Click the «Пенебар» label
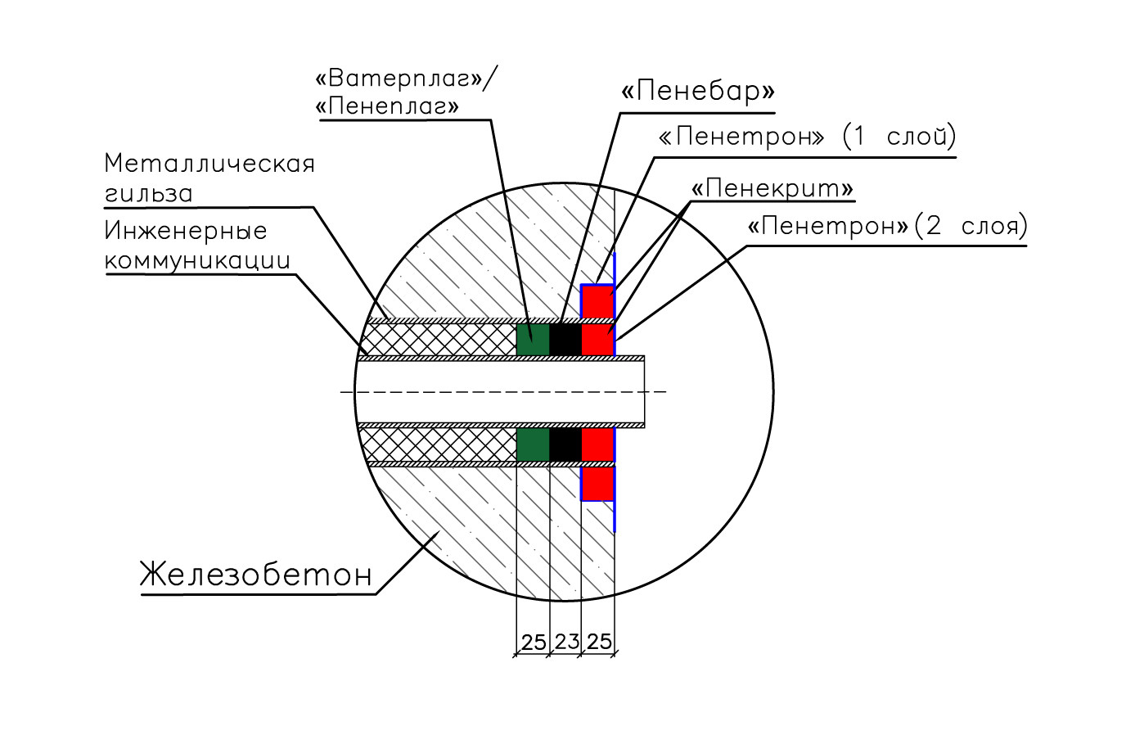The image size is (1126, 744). click(697, 91)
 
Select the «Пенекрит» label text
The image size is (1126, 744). click(772, 189)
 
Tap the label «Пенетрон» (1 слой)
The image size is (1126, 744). click(807, 136)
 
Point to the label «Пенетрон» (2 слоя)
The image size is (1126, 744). click(887, 226)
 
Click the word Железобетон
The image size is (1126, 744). click(256, 575)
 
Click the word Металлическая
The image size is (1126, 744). click(209, 164)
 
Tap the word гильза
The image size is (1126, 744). click(149, 194)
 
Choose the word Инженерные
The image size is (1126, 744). click(186, 231)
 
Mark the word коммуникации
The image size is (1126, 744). click(197, 260)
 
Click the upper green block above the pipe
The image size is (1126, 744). click(533, 339)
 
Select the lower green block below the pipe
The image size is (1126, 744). click(533, 444)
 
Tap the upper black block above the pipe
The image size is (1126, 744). click(565, 339)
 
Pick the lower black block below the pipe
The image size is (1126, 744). click(565, 444)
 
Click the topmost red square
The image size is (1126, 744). click(597, 301)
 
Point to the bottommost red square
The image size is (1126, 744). click(597, 483)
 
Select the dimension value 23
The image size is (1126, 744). click(566, 642)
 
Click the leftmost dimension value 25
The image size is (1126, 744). click(534, 643)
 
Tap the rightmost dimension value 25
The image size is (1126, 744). click(599, 642)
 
